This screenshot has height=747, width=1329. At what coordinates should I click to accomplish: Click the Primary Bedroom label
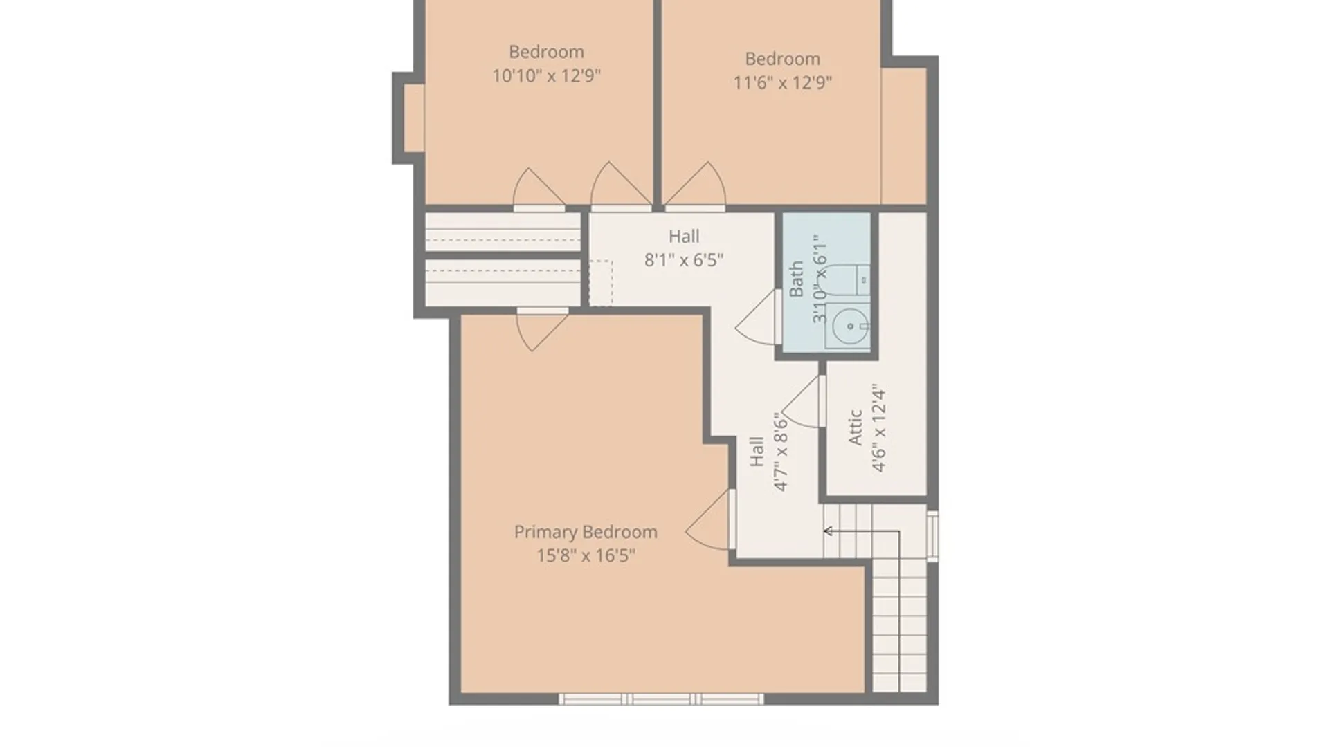pyautogui.click(x=586, y=533)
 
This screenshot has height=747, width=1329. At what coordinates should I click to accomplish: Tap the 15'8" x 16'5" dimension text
pyautogui.click(x=586, y=555)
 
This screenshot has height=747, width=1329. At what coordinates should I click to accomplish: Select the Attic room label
pyautogui.click(x=856, y=427)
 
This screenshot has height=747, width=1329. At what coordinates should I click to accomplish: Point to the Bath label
pyautogui.click(x=797, y=279)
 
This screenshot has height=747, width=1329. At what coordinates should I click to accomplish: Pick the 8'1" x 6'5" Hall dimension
pyautogui.click(x=684, y=260)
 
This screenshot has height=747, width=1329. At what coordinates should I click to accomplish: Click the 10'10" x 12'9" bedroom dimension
pyautogui.click(x=546, y=75)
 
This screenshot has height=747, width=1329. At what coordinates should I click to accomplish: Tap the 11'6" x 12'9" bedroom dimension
pyautogui.click(x=783, y=82)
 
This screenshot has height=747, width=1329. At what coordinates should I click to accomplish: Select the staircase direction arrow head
pyautogui.click(x=827, y=531)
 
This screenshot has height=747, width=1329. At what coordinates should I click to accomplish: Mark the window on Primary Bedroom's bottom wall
pyautogui.click(x=661, y=699)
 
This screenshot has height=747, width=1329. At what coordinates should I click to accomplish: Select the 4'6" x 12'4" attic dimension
pyautogui.click(x=878, y=428)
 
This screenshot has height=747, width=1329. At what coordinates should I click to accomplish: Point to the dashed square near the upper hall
pyautogui.click(x=600, y=283)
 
